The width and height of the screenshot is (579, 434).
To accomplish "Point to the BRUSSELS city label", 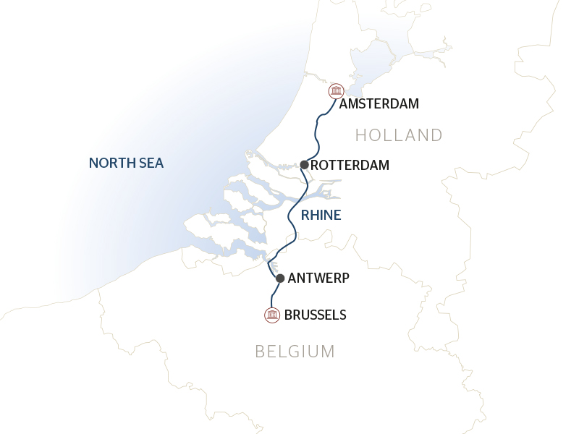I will coord(316,315).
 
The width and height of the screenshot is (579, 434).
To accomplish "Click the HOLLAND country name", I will coord(399,135).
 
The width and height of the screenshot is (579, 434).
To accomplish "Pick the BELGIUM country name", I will coord(295,352).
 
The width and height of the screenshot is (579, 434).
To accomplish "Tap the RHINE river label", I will coord(321,215).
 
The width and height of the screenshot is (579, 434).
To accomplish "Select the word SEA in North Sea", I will coord(153,163).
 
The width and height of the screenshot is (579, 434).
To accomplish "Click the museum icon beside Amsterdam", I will coord(336,91).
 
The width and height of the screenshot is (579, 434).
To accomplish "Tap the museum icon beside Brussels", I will coord(272,315).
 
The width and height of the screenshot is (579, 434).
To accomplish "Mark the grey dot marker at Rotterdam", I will coord(305,165).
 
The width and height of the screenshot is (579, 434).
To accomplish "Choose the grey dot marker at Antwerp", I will coord(280,278).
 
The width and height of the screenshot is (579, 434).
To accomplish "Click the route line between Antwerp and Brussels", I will coord(274,295).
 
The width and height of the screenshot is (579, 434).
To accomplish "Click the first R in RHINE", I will coord(305,215).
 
